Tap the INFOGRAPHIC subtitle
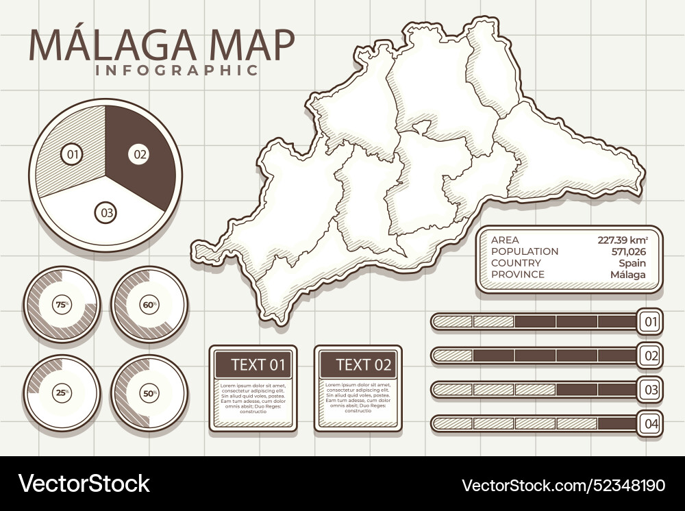click(177, 70)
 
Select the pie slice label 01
click(71, 154)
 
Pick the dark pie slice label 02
click(139, 154)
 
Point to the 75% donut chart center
click(62, 305)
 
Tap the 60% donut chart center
click(149, 305)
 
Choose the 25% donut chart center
click(62, 393)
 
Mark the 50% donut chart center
click(149, 393)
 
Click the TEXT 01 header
click(253, 364)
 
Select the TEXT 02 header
click(358, 364)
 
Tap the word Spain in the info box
click(632, 263)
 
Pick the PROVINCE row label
click(518, 275)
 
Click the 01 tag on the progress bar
click(650, 321)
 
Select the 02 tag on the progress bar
click(650, 356)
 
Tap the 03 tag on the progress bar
click(650, 390)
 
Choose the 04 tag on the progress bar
click(650, 424)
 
